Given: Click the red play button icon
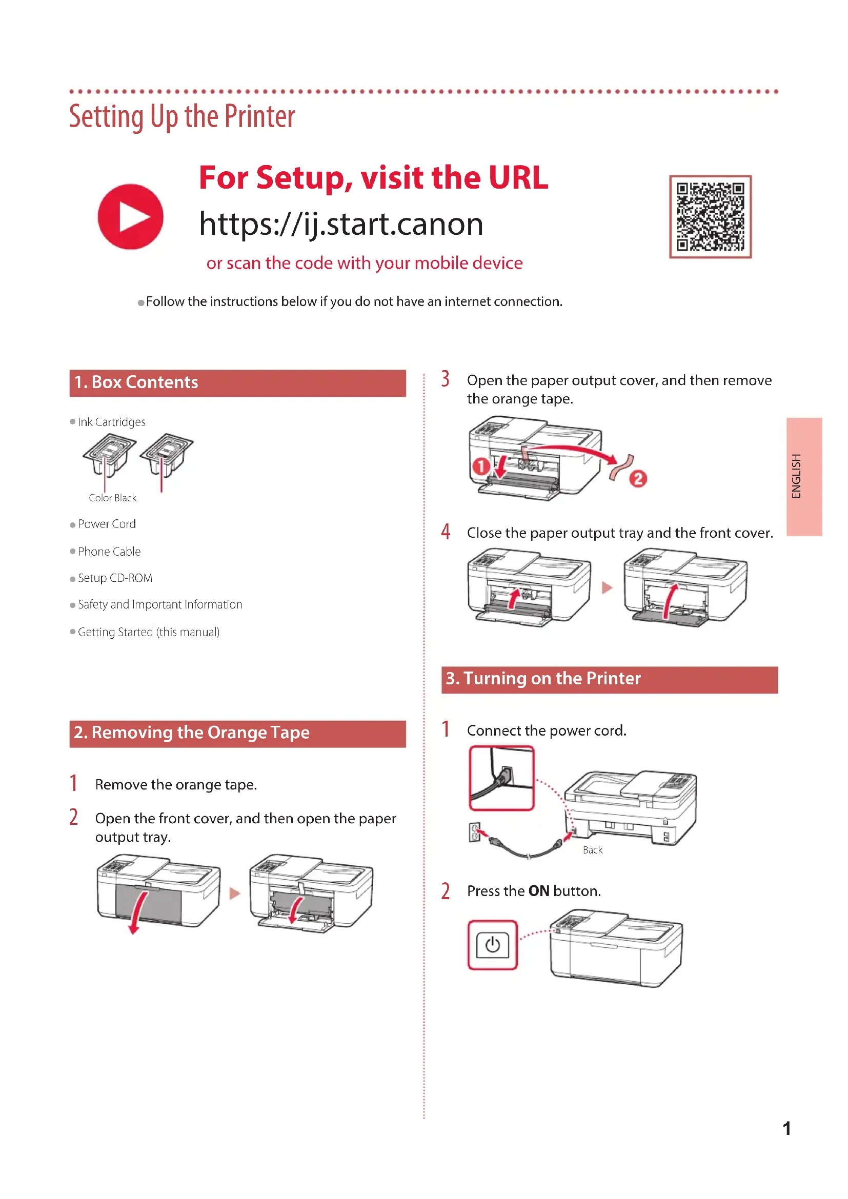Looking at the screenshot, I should point(131,217).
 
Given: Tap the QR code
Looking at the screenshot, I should point(710,217).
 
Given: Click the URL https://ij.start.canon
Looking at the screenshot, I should point(341,225).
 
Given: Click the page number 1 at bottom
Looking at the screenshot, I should point(786,1128).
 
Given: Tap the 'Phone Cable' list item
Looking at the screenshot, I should point(109,552).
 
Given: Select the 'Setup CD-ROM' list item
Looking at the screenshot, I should point(115,578).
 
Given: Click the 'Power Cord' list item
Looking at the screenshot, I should point(107,524).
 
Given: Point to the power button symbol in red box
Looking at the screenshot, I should point(492,945).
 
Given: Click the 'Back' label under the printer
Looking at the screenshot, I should point(593,850).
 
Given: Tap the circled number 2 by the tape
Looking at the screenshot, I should point(638,478).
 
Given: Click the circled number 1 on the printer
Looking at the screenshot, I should point(481,466).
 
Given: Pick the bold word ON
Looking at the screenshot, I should point(539,891).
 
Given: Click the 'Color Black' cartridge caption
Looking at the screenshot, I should point(112,498).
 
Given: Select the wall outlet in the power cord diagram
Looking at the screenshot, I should point(475,833).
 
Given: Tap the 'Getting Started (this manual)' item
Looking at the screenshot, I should point(148,632).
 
